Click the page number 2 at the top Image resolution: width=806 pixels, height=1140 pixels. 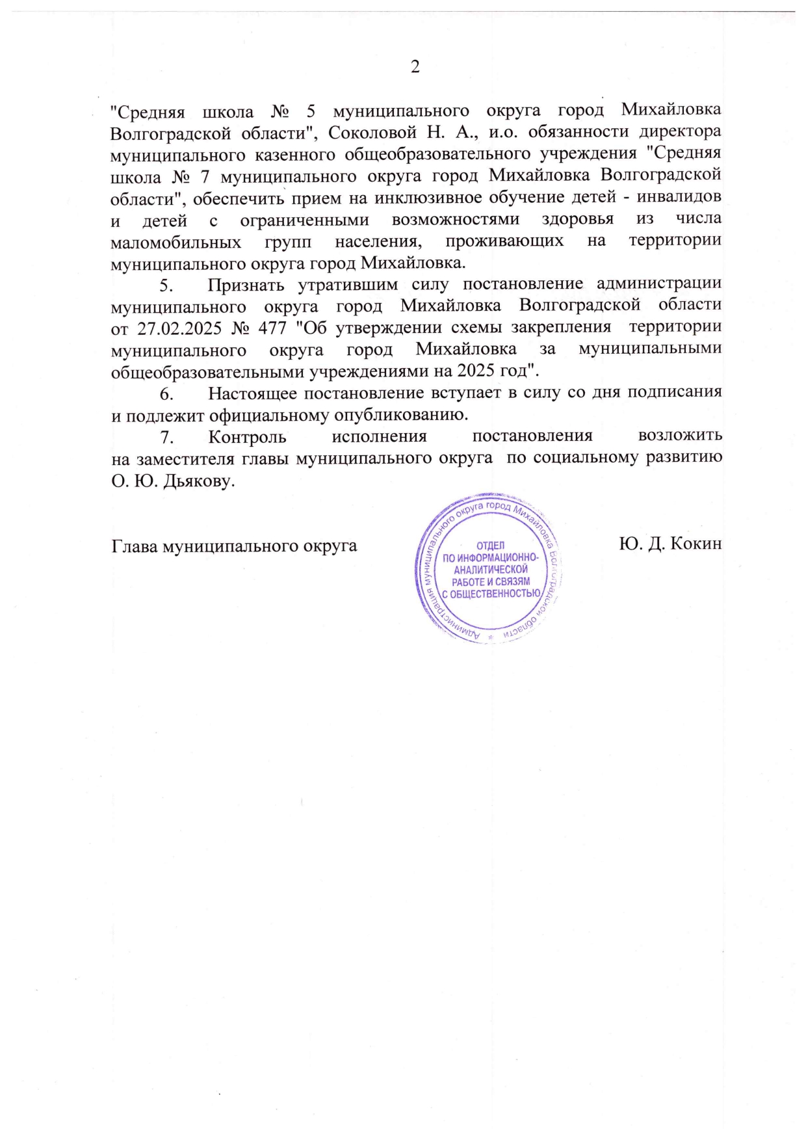pos(415,67)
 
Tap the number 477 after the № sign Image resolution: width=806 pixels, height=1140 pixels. pos(272,327)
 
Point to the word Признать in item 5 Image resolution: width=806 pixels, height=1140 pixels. pos(246,285)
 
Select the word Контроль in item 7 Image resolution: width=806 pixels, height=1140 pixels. pos(247,436)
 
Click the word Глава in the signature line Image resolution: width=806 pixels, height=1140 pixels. pos(134,545)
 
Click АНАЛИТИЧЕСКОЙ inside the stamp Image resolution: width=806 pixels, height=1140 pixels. pos(491,570)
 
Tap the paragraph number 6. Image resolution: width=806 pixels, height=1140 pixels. pos(166,393)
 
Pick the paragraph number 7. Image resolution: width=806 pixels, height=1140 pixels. pos(166,436)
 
